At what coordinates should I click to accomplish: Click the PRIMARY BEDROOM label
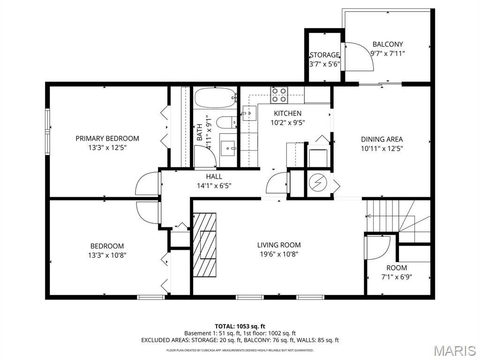pos(107,138)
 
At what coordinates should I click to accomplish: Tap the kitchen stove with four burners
pos(279,95)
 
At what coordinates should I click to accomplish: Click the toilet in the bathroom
pos(228,123)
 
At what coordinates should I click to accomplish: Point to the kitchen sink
pos(248,113)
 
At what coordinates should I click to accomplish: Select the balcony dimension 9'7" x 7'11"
pos(388,53)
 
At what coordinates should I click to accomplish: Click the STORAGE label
pos(324,55)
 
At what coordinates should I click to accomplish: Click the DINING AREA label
pos(382,139)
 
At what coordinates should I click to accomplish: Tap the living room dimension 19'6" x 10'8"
pos(279,254)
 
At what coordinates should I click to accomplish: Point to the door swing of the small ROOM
pos(377,247)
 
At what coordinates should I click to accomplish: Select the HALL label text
pos(214,177)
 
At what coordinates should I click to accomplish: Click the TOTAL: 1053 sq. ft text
pos(240,326)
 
